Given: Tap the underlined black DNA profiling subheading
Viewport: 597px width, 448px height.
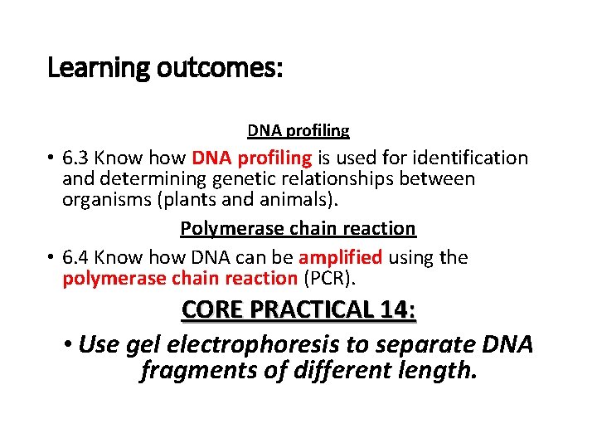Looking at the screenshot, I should point(298,130).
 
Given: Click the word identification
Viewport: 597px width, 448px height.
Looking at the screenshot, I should point(471,158).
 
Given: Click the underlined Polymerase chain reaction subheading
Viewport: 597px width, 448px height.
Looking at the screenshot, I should point(298,228).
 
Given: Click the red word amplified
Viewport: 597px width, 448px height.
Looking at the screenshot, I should point(340,257).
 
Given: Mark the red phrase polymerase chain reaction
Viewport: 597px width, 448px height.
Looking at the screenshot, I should point(180,278).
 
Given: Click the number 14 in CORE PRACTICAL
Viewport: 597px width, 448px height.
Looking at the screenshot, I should point(396,310).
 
